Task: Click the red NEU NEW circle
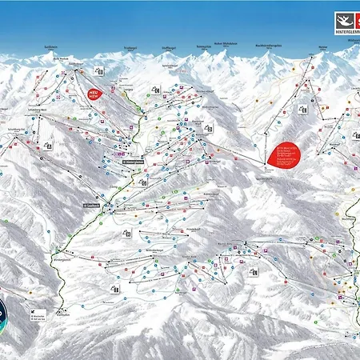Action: [x=94, y=94]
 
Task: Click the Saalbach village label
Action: [x=89, y=206]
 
